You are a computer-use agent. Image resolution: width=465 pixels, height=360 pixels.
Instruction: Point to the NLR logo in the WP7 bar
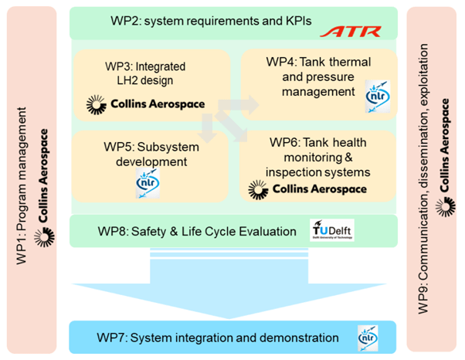click(368, 338)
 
